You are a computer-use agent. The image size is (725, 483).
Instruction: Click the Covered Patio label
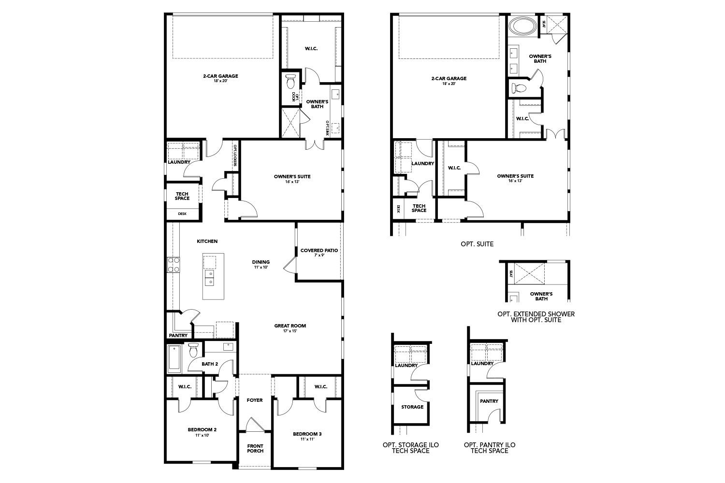(x=319, y=250)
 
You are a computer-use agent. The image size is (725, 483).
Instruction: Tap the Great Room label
(x=290, y=326)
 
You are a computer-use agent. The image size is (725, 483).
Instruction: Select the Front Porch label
(x=255, y=448)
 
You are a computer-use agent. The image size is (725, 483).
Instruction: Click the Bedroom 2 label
(x=202, y=429)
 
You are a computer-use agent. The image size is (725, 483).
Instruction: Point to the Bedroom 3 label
(x=307, y=434)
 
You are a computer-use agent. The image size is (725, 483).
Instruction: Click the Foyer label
(x=255, y=400)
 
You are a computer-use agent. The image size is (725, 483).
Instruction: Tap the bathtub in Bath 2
(x=174, y=358)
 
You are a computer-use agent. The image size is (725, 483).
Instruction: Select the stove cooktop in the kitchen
(x=174, y=265)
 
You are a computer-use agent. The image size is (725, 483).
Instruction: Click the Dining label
(x=261, y=262)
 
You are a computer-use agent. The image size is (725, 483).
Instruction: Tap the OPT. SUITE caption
(x=477, y=244)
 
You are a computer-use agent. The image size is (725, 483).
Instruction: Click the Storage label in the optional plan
(x=412, y=407)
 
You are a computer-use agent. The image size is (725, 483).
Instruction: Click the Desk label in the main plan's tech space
(x=182, y=213)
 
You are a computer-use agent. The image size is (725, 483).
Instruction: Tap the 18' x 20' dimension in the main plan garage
(x=220, y=81)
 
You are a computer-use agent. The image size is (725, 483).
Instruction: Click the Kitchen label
(x=207, y=241)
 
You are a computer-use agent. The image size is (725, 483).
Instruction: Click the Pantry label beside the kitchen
(x=178, y=335)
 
